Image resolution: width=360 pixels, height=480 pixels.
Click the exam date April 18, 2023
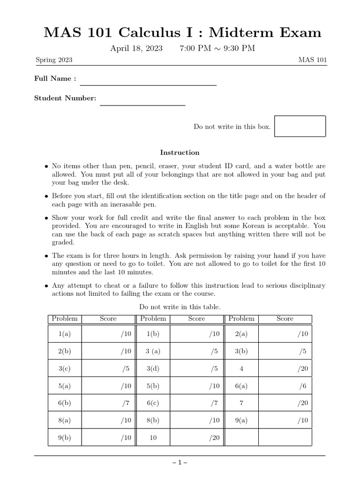click(x=136, y=49)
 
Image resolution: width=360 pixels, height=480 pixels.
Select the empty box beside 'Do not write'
click(x=300, y=126)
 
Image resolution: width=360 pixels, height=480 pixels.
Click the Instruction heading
click(x=180, y=153)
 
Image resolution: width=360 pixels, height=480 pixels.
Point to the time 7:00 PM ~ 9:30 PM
click(x=217, y=49)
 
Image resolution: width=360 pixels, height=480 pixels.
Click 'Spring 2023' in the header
click(x=54, y=60)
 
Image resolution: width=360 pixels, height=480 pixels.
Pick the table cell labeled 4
click(x=241, y=369)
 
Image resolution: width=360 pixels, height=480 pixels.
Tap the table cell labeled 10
click(x=153, y=438)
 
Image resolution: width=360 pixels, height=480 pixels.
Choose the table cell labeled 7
click(x=241, y=403)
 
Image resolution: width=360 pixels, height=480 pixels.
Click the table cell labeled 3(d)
click(x=153, y=369)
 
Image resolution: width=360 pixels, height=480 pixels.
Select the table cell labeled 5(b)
click(x=153, y=386)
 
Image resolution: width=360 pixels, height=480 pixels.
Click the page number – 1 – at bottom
click(x=180, y=462)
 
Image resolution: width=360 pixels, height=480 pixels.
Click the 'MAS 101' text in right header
click(x=312, y=60)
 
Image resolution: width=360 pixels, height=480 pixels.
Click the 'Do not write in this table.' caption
click(x=180, y=307)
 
